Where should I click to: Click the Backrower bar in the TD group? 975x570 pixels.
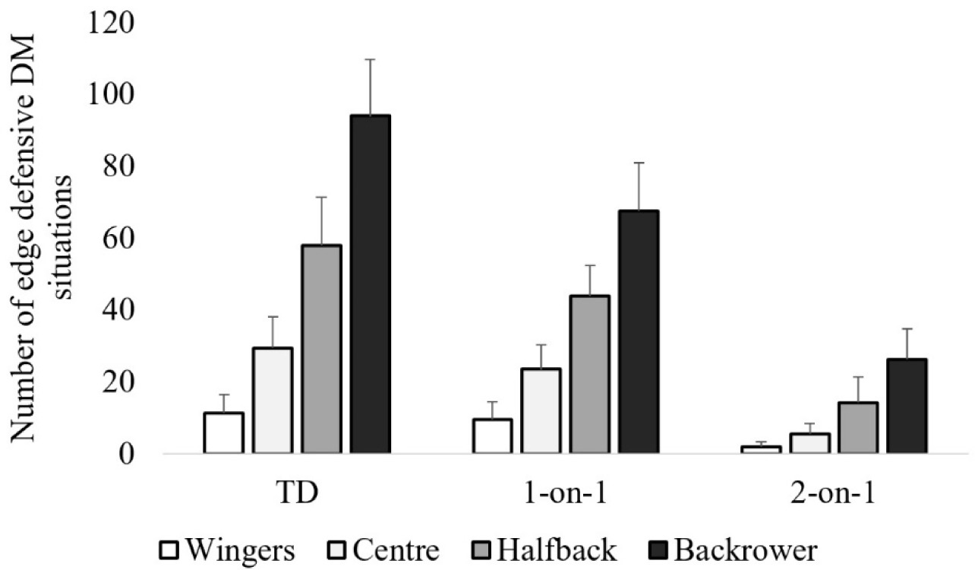tap(370, 284)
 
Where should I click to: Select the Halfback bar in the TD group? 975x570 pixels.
tap(321, 350)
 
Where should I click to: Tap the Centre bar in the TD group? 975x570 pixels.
tap(273, 401)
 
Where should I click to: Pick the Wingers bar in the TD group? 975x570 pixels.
tap(223, 433)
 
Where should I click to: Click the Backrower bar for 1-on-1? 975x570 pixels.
tap(639, 332)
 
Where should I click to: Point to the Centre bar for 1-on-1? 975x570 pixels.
tap(541, 411)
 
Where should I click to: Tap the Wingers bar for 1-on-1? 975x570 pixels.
tap(492, 436)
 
